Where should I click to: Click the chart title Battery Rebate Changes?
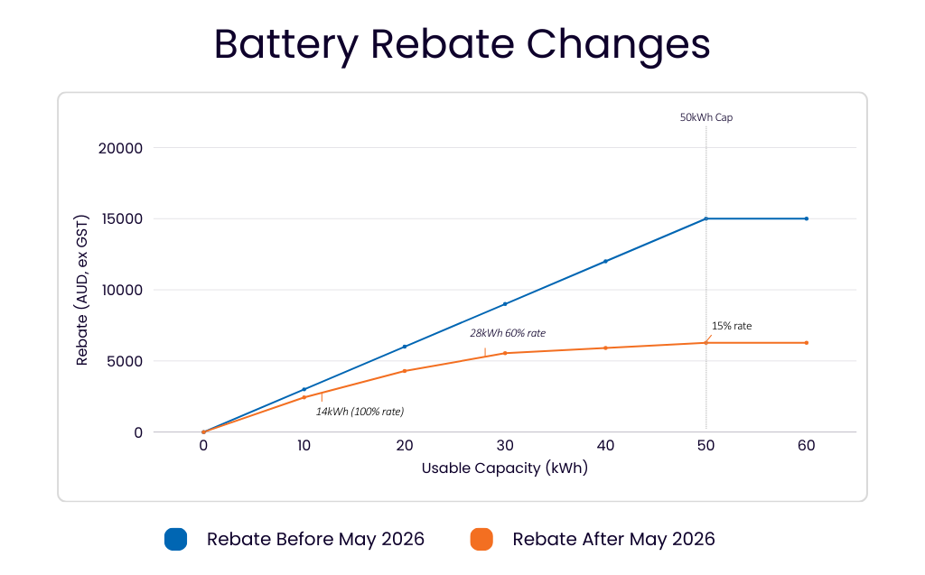[462, 44]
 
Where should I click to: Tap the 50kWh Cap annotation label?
[705, 117]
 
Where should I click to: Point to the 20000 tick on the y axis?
[120, 148]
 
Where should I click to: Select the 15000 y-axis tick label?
[120, 219]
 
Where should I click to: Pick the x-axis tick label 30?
[505, 446]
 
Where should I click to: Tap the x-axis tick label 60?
[806, 446]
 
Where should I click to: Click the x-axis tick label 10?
[304, 446]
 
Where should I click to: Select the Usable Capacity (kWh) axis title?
[504, 468]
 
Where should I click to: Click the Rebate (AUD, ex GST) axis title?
[82, 291]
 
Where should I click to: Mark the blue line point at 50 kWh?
[705, 218]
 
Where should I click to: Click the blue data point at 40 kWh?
[605, 261]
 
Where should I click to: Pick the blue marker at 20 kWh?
[405, 347]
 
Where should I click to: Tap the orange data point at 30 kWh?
[505, 353]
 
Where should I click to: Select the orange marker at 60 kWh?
[806, 342]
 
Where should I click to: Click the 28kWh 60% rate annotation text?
[507, 333]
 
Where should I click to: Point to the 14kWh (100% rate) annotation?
[360, 412]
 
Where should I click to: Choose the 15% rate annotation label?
[731, 326]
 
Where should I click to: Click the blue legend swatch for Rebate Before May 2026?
[175, 540]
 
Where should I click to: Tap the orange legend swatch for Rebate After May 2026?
[481, 540]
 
